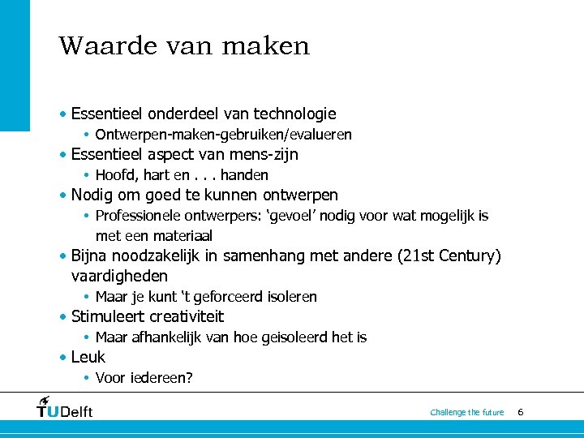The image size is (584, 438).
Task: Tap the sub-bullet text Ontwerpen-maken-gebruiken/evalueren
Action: pos(223,135)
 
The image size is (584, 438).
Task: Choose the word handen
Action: pos(244,175)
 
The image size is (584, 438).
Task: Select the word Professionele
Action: pos(136,216)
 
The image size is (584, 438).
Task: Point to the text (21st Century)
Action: pos(449,256)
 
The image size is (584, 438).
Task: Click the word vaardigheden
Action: pos(119,277)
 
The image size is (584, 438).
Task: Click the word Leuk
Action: pos(88,358)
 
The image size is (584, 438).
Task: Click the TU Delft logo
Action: pos(65,408)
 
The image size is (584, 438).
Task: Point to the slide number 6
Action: pos(520,412)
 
